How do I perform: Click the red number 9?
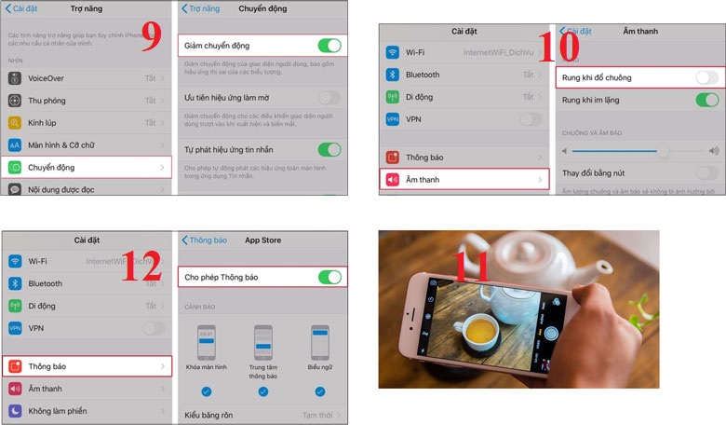click(x=152, y=38)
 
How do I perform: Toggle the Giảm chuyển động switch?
click(x=329, y=45)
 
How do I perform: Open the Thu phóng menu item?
click(x=48, y=101)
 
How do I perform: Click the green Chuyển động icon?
click(x=15, y=168)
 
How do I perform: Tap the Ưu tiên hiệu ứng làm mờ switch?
click(x=329, y=97)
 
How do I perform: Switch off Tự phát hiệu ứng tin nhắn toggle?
click(x=329, y=149)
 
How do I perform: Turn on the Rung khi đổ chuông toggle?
click(x=706, y=77)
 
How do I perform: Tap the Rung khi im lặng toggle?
click(x=706, y=100)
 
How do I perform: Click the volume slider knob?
click(x=663, y=150)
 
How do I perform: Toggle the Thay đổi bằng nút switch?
click(x=706, y=172)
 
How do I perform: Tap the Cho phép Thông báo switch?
click(x=329, y=277)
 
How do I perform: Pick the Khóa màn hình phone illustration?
click(x=206, y=343)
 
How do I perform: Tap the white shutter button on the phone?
click(x=552, y=332)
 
